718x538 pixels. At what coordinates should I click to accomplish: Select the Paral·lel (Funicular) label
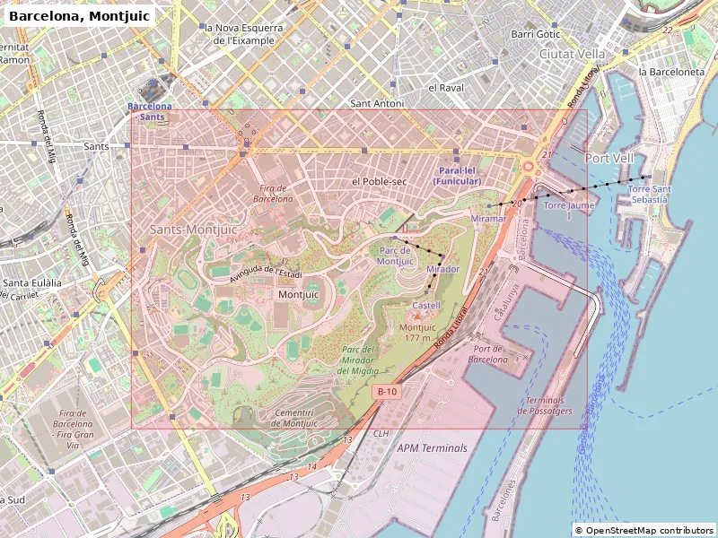click(x=457, y=176)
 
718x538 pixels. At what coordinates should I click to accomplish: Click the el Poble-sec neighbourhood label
click(x=379, y=181)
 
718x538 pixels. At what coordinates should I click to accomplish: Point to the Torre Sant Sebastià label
click(x=649, y=194)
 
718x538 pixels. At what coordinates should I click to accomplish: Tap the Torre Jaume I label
click(x=569, y=210)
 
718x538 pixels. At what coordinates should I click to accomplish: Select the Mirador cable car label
click(x=442, y=269)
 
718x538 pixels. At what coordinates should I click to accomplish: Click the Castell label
click(x=426, y=306)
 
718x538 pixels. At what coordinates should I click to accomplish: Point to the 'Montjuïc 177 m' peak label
click(x=417, y=333)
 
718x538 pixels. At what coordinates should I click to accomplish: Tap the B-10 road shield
click(x=387, y=392)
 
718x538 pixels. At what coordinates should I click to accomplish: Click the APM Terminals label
click(x=433, y=447)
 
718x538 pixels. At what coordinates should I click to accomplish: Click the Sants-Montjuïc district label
click(x=193, y=230)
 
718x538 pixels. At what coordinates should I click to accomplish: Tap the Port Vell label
click(x=609, y=158)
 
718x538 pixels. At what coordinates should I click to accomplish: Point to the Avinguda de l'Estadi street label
click(x=266, y=269)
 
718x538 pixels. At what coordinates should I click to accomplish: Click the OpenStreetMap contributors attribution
click(x=644, y=530)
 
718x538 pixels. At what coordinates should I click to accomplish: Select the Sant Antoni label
click(x=377, y=103)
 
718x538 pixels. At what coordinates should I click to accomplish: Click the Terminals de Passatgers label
click(x=545, y=405)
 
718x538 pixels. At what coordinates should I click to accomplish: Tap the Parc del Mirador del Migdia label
click(x=358, y=360)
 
